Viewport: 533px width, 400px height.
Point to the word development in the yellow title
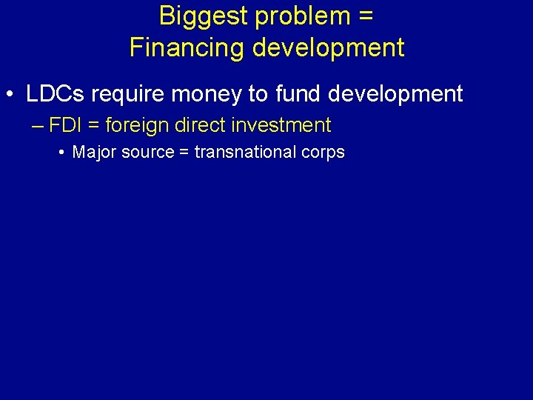coord(329,47)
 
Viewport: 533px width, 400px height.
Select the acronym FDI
coord(66,125)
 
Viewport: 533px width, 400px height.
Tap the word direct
coord(200,125)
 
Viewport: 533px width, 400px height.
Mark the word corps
coord(323,153)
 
